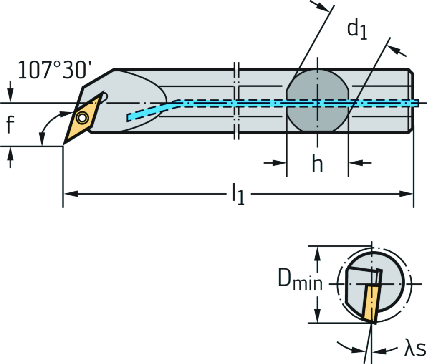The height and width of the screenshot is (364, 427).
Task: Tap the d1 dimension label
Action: [357, 30]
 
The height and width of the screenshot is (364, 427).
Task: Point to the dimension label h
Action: [317, 164]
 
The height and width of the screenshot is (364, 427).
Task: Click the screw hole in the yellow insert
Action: [82, 119]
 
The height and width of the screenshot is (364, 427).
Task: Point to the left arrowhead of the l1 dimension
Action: [69, 194]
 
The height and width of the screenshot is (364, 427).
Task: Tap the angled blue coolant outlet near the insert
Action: [146, 112]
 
